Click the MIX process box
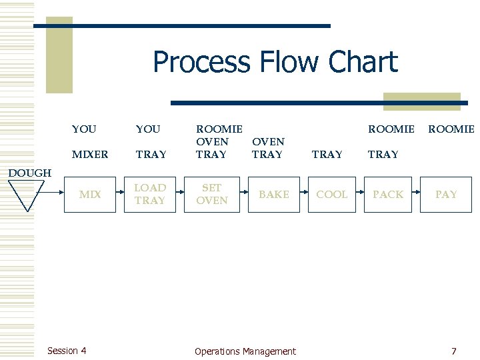[x=90, y=195]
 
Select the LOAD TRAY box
[x=150, y=194]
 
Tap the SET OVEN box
[x=212, y=194]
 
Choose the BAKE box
[x=274, y=195]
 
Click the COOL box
[x=332, y=195]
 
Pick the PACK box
[x=388, y=195]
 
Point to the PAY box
[x=446, y=195]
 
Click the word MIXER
[x=90, y=155]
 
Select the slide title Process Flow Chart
[x=275, y=62]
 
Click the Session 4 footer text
[x=67, y=351]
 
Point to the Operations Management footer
[x=245, y=351]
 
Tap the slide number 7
[x=453, y=351]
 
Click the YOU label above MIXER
[x=84, y=129]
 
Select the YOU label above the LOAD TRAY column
[x=148, y=129]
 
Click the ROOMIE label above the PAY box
[x=451, y=129]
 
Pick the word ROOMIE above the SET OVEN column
[x=219, y=129]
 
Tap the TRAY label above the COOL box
[x=327, y=155]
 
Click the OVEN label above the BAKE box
[x=268, y=141]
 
